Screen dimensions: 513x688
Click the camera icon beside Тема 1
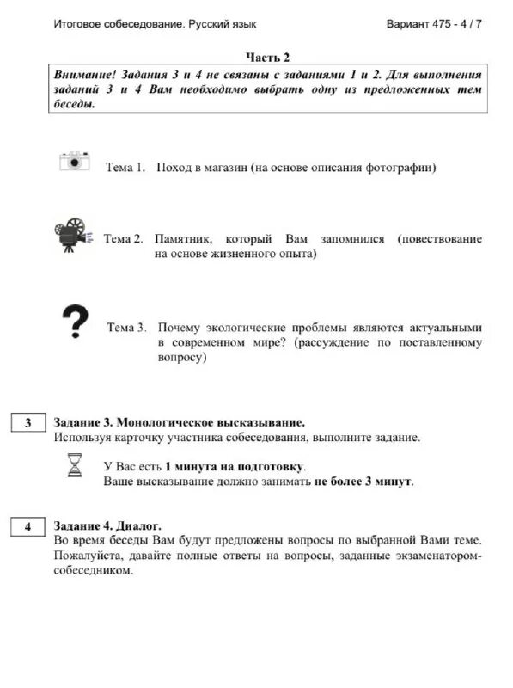(75, 161)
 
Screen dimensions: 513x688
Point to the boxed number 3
(28, 423)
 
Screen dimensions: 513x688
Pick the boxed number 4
(28, 527)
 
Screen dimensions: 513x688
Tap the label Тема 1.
(125, 168)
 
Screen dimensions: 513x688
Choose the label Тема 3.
(126, 328)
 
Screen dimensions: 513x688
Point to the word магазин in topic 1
(222, 168)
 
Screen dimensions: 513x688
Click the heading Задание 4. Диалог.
(107, 525)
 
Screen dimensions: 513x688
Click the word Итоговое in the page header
(76, 24)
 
